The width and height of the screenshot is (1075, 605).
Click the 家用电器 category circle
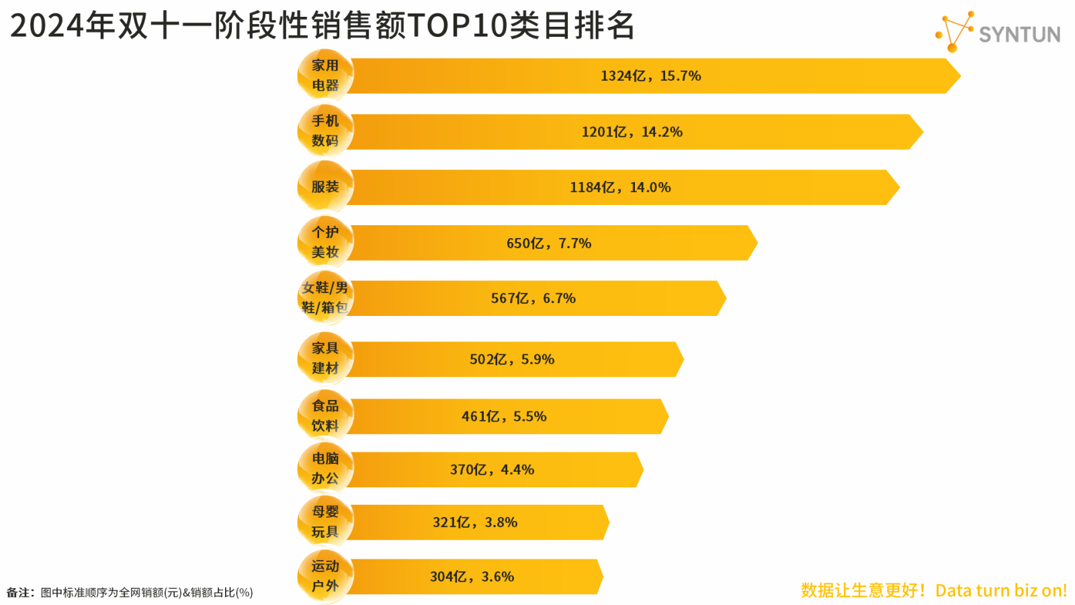click(325, 75)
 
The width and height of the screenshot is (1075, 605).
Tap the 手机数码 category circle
click(325, 131)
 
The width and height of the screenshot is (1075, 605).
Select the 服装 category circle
click(325, 187)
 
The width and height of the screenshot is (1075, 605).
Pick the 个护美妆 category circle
click(325, 242)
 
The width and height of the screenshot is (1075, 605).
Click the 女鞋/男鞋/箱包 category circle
click(325, 298)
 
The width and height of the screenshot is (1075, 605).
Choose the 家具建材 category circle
click(325, 358)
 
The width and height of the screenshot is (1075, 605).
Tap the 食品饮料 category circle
click(325, 416)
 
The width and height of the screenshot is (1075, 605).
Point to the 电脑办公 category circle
click(325, 469)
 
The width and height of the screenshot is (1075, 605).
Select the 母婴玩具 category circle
click(325, 522)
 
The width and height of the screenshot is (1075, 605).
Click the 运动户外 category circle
click(325, 576)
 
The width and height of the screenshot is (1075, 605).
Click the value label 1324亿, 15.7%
click(650, 76)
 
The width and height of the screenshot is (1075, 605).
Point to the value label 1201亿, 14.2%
click(632, 132)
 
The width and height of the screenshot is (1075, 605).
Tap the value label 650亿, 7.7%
click(548, 243)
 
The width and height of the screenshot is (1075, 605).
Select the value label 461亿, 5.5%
click(504, 417)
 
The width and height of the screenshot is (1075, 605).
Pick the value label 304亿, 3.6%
click(472, 577)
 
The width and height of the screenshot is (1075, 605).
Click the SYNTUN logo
click(998, 32)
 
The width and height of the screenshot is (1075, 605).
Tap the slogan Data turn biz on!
click(1000, 590)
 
